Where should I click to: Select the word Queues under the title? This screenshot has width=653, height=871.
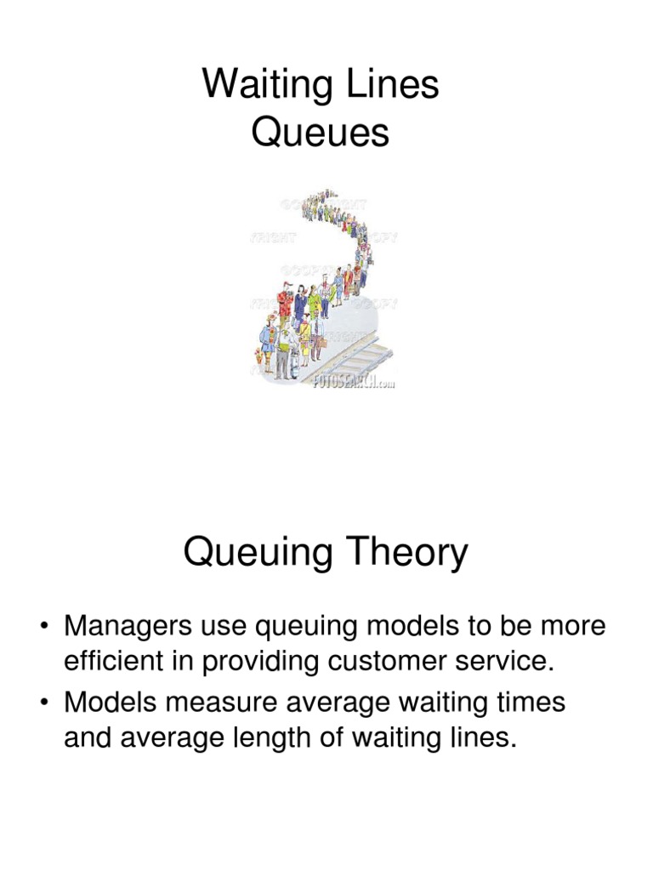point(321,134)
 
